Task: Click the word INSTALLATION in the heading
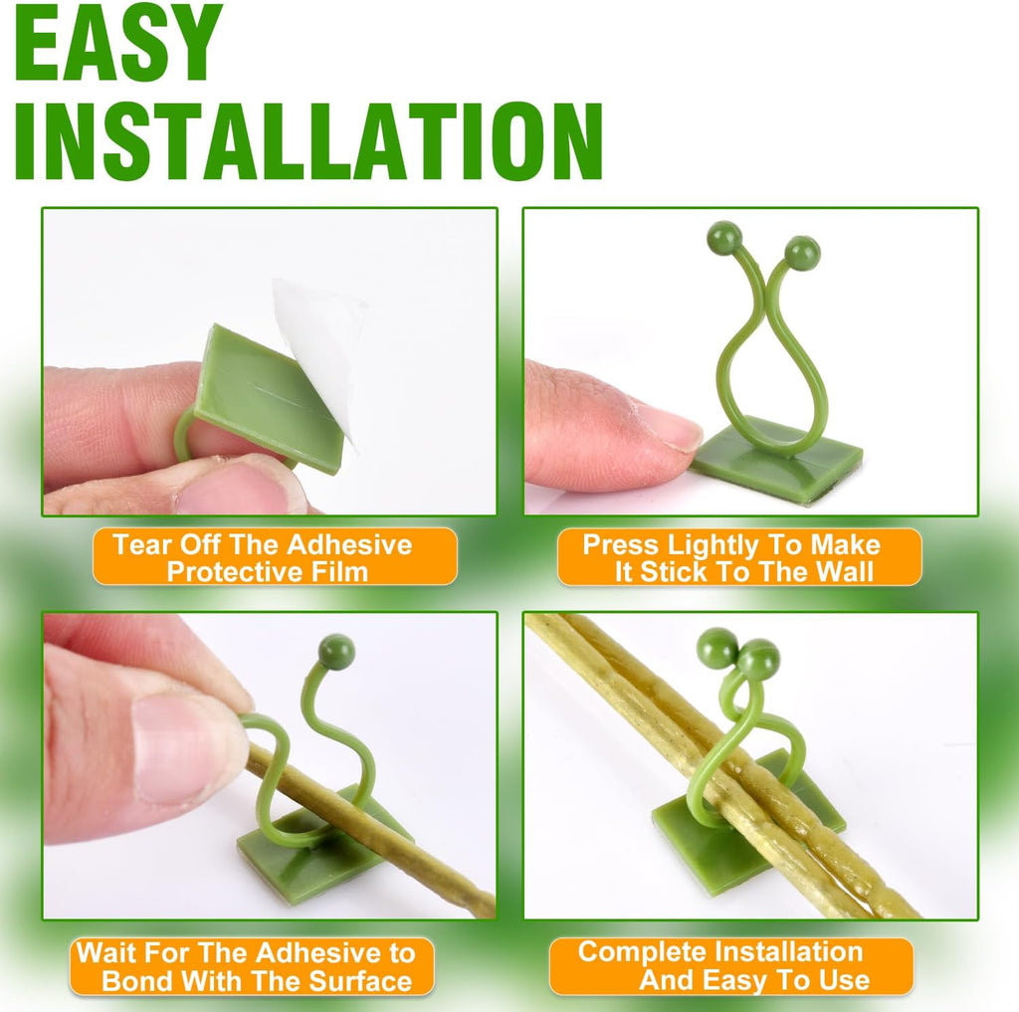click(x=308, y=141)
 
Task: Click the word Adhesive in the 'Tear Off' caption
click(x=349, y=544)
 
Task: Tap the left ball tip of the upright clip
click(x=724, y=237)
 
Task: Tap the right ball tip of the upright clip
click(x=803, y=253)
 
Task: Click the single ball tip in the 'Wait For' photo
click(x=336, y=652)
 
